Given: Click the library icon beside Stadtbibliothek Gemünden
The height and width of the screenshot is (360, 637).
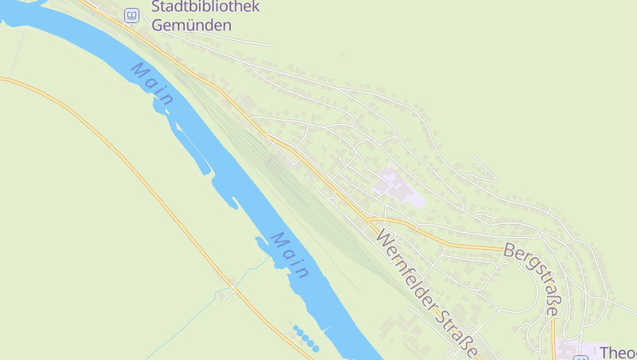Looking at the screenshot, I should click(x=131, y=15).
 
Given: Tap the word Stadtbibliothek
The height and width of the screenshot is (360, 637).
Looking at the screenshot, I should click(x=205, y=8).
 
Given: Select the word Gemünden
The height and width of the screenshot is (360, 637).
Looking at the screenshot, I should click(x=191, y=25).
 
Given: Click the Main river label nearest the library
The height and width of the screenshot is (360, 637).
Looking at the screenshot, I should click(x=153, y=84).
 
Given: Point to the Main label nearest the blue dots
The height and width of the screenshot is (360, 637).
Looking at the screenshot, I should click(x=289, y=255).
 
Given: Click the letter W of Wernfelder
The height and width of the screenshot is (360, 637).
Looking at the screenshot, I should click(x=385, y=238).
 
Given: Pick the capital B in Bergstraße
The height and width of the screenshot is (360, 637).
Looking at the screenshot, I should click(x=510, y=250).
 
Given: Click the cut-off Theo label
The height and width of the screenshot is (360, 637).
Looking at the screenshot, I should click(x=618, y=353).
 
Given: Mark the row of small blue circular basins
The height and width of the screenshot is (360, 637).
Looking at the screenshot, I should click(x=306, y=338).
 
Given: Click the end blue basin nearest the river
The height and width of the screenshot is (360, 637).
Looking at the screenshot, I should click(x=315, y=348).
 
